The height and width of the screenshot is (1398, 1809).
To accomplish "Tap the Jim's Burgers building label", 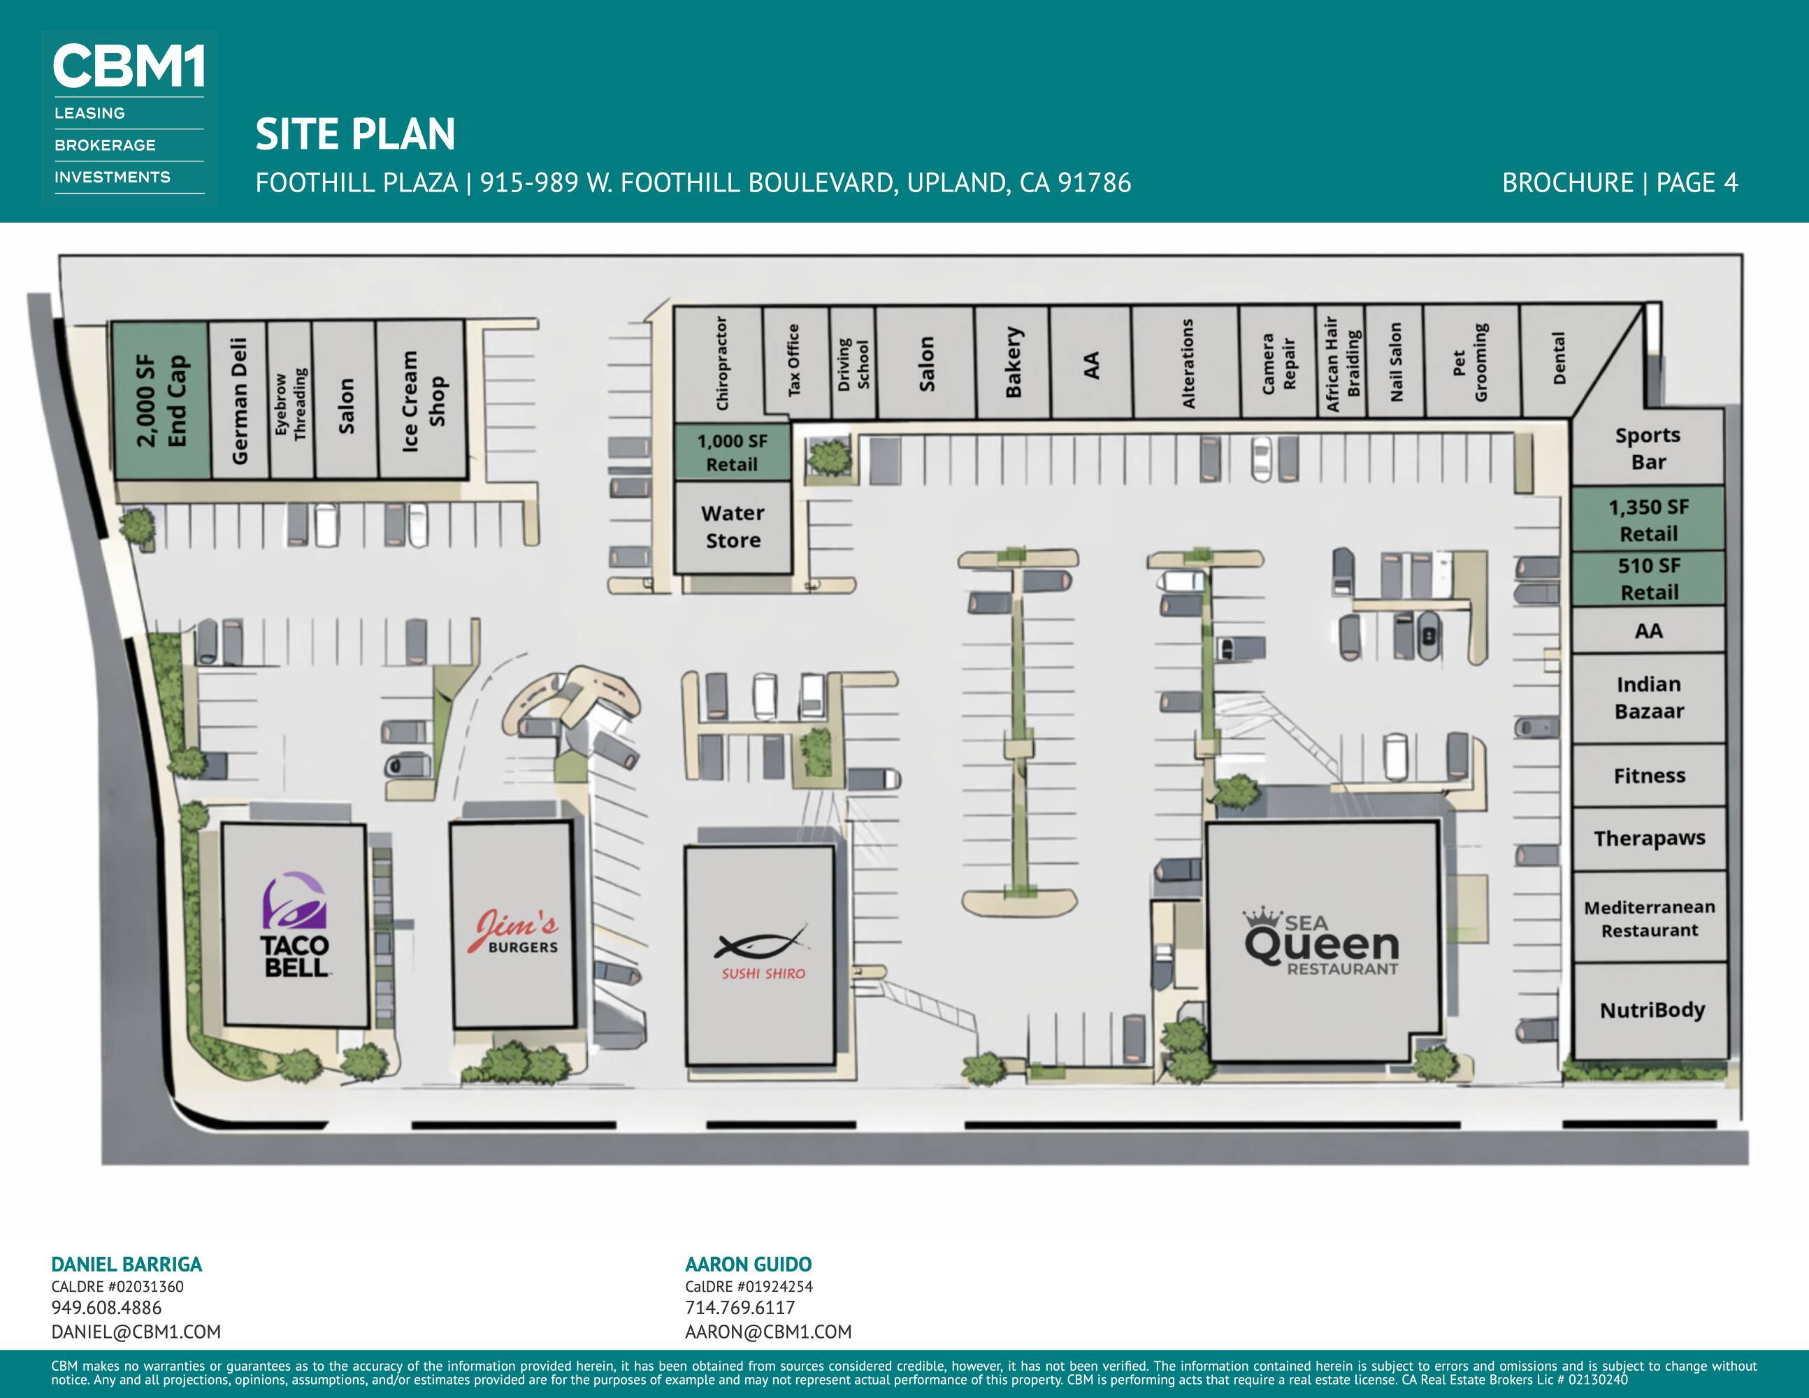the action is point(513,931).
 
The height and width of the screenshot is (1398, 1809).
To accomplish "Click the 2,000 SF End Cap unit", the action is point(161,401).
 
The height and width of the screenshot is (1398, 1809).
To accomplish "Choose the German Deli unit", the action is point(238,401).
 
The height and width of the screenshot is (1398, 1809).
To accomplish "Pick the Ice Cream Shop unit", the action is point(421,400).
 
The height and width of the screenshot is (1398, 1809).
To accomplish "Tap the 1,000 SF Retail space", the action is point(733,452).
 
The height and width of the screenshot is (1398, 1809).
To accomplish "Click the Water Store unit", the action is point(733,527).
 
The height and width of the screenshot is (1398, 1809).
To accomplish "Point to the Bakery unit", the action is point(1013,363).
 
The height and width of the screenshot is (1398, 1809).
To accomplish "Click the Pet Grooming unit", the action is point(1472,362).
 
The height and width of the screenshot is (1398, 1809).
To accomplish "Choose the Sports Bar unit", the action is point(1648,448).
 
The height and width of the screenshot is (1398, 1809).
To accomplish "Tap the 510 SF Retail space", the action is point(1648,579).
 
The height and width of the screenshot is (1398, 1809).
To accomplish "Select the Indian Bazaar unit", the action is point(1648,698).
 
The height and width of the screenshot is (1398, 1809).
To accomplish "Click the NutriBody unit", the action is point(1651,1010).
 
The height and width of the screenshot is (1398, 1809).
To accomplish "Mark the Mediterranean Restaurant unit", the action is point(1649,918).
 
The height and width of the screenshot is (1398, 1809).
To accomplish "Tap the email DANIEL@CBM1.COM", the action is point(136,1332).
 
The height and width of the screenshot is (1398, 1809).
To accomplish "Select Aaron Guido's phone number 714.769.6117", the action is point(740,1308).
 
